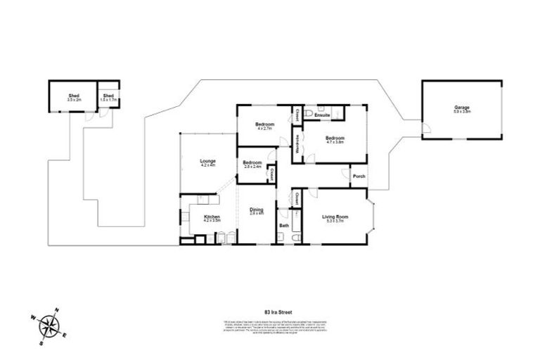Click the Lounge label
207,162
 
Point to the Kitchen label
212,217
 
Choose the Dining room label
257,210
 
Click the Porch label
357,176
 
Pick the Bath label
284,226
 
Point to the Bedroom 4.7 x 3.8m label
335,139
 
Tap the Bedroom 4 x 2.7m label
264,126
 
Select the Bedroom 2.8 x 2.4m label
252,165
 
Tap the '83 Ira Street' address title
277,311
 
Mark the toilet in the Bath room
295,238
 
